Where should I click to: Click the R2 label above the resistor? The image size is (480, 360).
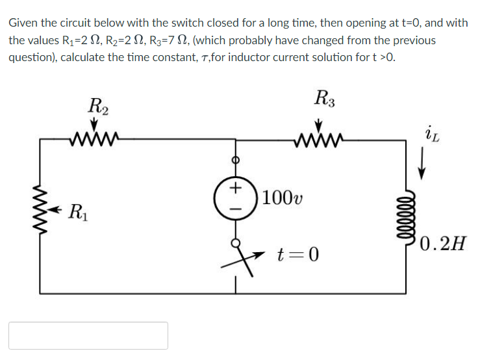99,105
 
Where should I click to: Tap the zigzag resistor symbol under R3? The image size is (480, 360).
318,137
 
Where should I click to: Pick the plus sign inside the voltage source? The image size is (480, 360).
234,188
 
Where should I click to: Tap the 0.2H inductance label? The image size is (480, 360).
442,244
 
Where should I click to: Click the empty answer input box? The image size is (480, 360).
88,335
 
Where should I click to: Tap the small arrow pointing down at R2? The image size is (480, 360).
94,123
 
